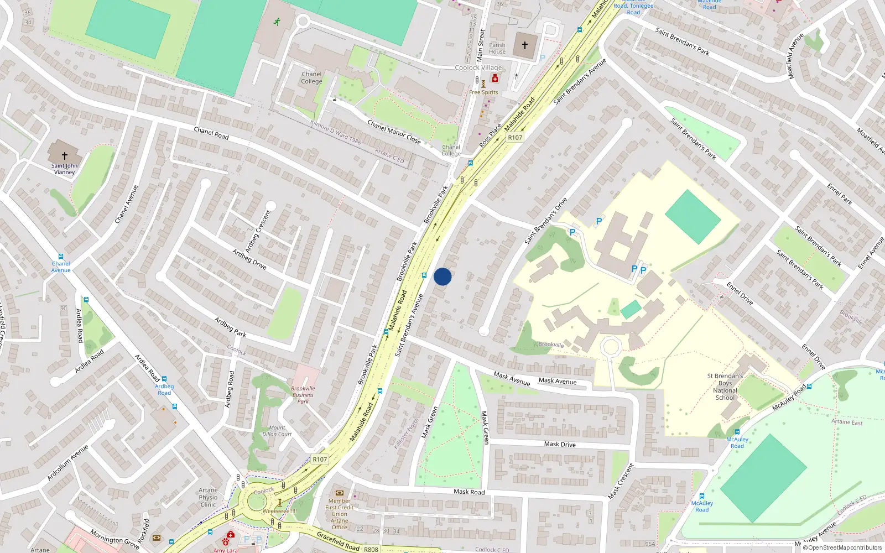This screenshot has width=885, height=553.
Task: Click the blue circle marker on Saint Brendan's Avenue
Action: tap(442, 276)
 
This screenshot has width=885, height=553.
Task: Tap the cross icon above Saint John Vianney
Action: tap(65, 156)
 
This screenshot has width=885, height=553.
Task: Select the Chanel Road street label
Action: tap(211, 133)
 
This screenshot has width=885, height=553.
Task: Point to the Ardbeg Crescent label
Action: tap(258, 231)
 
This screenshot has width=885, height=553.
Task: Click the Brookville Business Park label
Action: tap(303, 395)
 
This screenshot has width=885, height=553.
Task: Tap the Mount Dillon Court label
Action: tap(277, 431)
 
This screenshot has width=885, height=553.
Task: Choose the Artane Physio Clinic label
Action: tap(208, 497)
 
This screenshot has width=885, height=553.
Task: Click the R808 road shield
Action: tap(371, 549)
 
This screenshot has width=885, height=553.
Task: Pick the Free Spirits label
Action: tap(483, 92)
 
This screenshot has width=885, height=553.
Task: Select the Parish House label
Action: tap(497, 48)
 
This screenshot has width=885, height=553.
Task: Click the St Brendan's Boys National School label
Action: tap(725, 387)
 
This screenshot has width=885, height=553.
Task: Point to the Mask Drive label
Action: tap(560, 444)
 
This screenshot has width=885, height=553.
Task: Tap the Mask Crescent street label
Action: tap(621, 481)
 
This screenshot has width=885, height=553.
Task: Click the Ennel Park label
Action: tap(840, 194)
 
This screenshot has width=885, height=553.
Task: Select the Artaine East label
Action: tap(847, 422)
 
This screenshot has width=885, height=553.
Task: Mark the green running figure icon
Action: tap(277, 22)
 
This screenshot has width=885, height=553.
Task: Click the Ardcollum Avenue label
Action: tap(67, 462)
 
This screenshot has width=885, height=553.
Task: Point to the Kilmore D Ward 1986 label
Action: tap(336, 132)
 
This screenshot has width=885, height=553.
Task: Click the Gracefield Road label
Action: tap(338, 540)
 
